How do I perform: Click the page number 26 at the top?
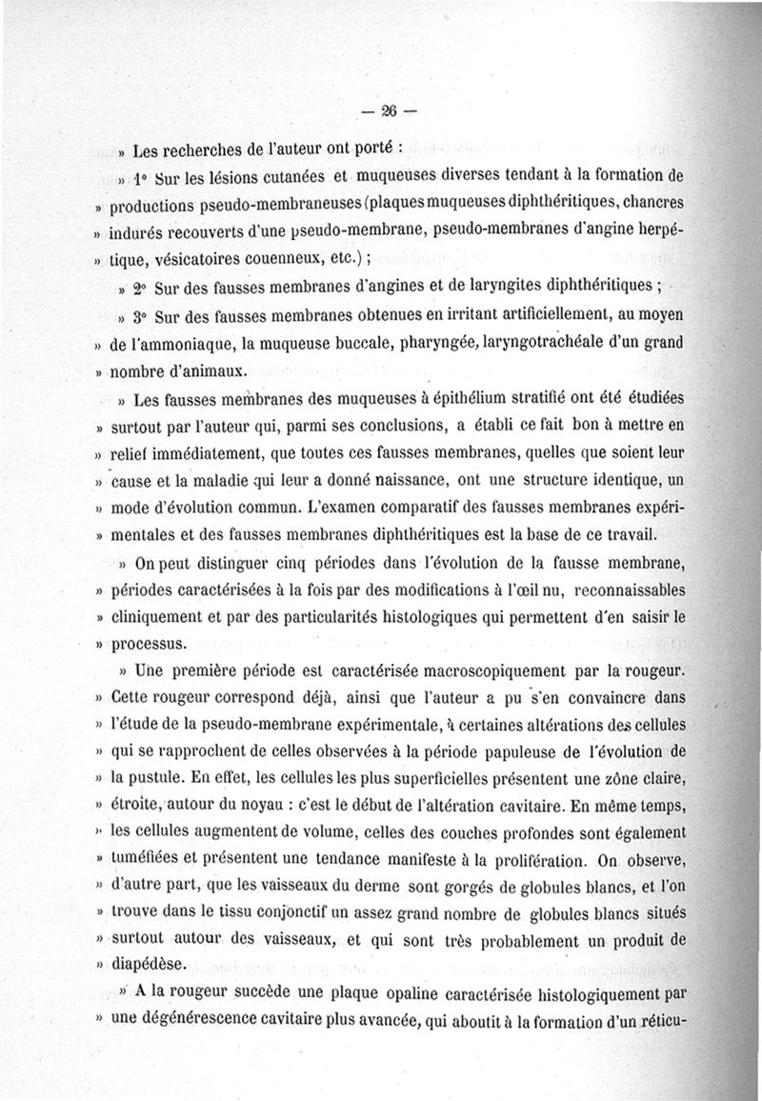point(388,110)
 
